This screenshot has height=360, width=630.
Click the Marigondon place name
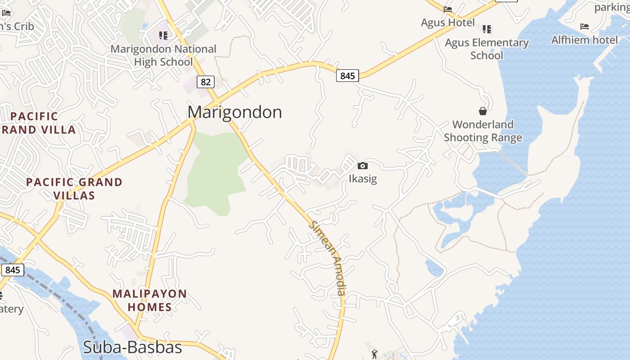pos(234,112)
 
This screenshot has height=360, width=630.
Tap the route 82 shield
pos(206,82)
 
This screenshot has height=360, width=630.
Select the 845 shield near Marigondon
pos(347,76)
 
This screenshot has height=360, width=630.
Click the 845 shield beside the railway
pos(13,270)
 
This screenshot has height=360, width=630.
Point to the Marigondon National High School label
pos(163,55)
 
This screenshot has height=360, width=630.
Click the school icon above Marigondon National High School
pos(163,35)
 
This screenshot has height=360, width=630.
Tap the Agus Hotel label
pos(448,22)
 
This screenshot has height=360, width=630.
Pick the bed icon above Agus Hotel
pos(448,9)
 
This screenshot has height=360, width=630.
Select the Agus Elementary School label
pos(486,49)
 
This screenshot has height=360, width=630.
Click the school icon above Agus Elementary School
pos(487,29)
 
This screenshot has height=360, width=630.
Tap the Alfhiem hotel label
pos(585,40)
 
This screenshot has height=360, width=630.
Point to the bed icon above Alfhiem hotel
pos(585,27)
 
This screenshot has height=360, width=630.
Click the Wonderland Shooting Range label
pos(483,131)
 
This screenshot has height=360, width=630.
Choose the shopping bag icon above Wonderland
pos(483,111)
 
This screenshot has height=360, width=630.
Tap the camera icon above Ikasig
pos(363,166)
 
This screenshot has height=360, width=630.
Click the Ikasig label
pos(363,179)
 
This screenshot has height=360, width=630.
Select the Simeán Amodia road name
pos(328,258)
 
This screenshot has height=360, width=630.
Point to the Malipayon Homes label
pos(149,301)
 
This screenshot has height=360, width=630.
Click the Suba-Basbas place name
pos(132,347)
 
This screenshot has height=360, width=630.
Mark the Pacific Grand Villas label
pos(74,189)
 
